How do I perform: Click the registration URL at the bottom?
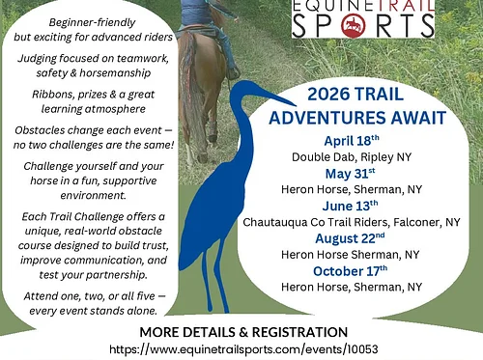click(242, 348)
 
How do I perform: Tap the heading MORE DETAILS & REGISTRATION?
click(242, 332)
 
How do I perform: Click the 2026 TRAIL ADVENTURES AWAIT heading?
click(375, 106)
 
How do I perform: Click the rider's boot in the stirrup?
click(232, 70)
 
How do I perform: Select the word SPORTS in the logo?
click(362, 25)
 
